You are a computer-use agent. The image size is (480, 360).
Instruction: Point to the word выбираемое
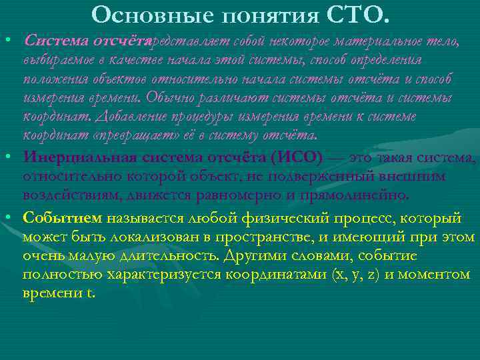click(x=55, y=61)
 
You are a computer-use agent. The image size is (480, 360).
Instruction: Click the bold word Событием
click(x=62, y=218)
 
